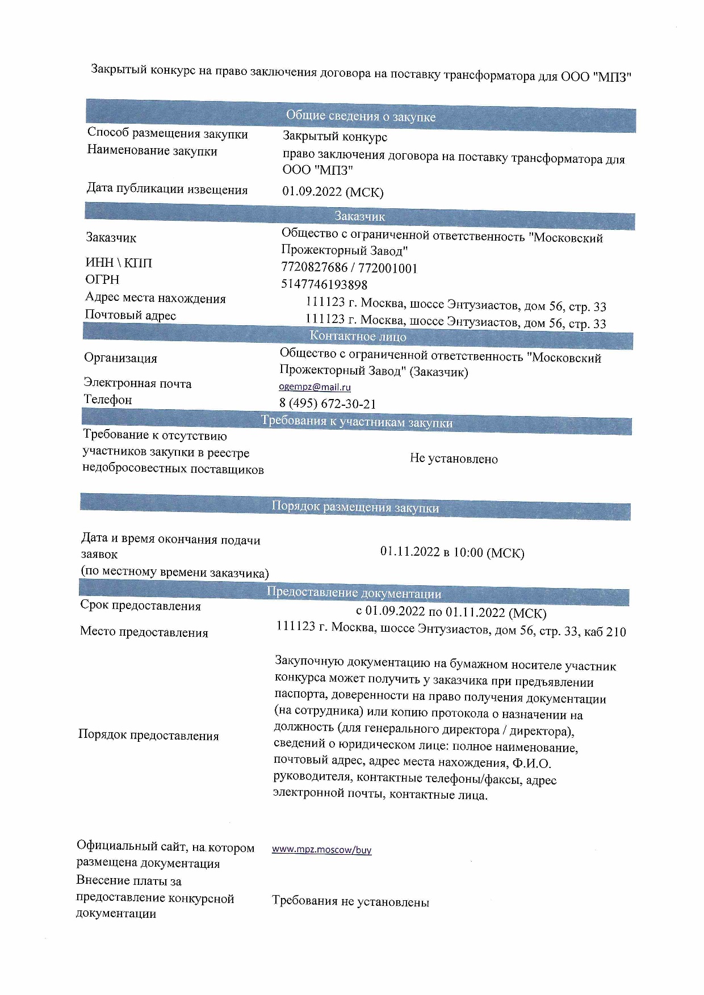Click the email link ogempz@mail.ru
coord(315,387)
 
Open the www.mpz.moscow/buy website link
coord(321,850)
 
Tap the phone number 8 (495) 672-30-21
coord(328,404)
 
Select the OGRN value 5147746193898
coord(324,284)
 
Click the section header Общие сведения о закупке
coord(361,116)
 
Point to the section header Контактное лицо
coord(358,336)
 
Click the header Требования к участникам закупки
coord(357,422)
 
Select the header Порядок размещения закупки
coord(355,507)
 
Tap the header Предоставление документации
coord(354,593)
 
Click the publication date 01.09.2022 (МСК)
coord(333,192)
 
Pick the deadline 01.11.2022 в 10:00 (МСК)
coord(452,552)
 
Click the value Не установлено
coord(454,459)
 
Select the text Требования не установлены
coord(350,901)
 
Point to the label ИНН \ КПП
coord(119,263)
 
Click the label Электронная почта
coord(137,384)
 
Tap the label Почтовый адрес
coord(131,315)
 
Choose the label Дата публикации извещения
coord(167,189)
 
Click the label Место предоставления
coord(144,632)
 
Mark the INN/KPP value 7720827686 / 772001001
coord(349,268)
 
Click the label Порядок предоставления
coord(148,736)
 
